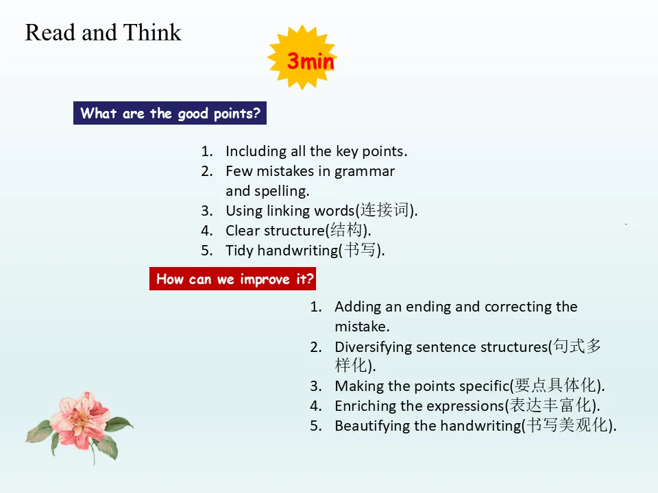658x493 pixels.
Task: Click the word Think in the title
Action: pyautogui.click(x=152, y=32)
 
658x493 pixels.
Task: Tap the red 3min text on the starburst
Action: pyautogui.click(x=310, y=61)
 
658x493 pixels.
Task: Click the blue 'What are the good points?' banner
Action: pyautogui.click(x=170, y=113)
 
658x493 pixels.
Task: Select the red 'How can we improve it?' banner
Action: pyautogui.click(x=232, y=279)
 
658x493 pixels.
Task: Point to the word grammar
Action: pyautogui.click(x=364, y=171)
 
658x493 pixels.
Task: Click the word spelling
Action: pyautogui.click(x=281, y=191)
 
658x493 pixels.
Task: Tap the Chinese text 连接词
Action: pyautogui.click(x=385, y=210)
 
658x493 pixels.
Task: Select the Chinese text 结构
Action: pyautogui.click(x=345, y=230)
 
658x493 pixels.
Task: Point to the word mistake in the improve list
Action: pyautogui.click(x=361, y=327)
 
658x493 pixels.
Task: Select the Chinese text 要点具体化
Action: pyautogui.click(x=555, y=385)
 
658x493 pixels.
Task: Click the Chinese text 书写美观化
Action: pyautogui.click(x=567, y=425)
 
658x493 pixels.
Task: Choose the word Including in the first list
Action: pyautogui.click(x=253, y=151)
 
